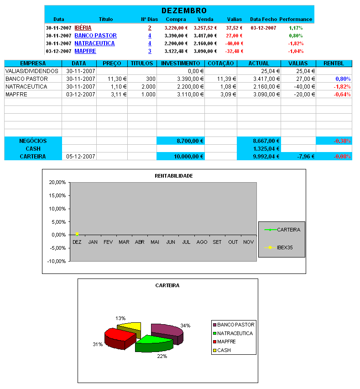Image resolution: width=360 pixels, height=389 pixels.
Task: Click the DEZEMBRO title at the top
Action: click(184, 11)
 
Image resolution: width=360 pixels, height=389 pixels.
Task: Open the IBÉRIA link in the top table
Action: click(83, 28)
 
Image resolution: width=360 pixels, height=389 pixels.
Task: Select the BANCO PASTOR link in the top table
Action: click(95, 36)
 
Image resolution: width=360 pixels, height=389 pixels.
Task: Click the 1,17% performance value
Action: click(296, 28)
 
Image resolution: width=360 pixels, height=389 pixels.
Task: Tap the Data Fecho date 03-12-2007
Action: click(263, 28)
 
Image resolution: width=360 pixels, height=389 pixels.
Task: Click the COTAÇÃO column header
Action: click(220, 63)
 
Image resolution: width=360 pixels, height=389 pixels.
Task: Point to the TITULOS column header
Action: click(141, 63)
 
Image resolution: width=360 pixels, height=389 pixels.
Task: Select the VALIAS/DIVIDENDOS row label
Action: click(32, 71)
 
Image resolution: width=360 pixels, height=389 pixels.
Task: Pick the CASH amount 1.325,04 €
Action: click(266, 149)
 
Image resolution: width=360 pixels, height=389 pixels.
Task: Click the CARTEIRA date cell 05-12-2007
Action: click(80, 157)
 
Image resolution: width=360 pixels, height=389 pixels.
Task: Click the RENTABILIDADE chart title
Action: click(173, 175)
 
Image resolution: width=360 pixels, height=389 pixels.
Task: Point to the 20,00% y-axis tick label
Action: click(57, 182)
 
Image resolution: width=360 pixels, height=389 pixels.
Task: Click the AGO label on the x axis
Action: click(201, 242)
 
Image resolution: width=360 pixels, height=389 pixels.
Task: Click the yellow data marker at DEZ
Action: click(77, 234)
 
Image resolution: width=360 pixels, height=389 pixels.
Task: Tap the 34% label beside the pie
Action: click(185, 326)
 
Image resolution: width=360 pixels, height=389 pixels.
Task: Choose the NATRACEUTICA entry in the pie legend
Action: click(235, 333)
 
